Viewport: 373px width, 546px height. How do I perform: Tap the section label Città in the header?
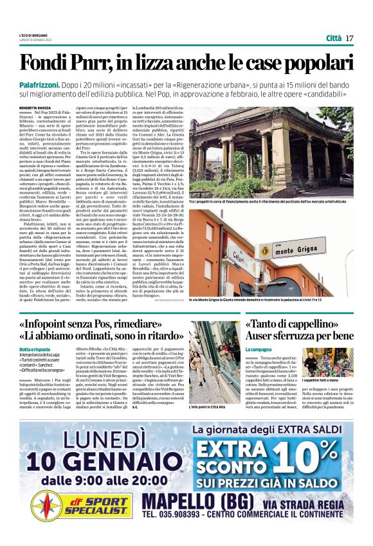(333, 38)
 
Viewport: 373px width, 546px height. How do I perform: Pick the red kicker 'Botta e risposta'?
(33, 348)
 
